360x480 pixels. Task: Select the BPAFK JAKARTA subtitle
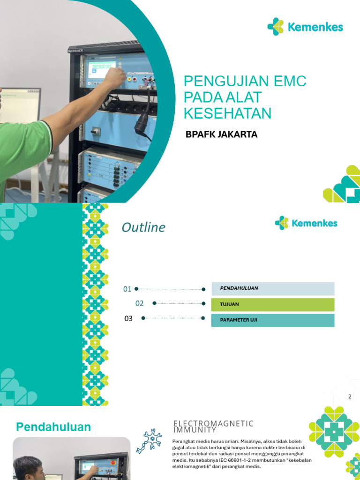point(222,135)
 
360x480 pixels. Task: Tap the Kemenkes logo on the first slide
point(305,27)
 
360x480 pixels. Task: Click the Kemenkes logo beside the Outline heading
point(306,223)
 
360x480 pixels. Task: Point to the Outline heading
point(143,228)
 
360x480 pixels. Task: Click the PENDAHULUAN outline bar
point(273,288)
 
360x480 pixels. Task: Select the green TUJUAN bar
point(273,305)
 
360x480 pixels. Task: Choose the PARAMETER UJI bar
point(273,321)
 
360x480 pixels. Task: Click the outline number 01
point(127,289)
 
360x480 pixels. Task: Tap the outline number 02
point(140,303)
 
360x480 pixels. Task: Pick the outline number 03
point(128,319)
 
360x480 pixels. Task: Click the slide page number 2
point(349,397)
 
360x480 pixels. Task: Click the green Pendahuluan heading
point(53,427)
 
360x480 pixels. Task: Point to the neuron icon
point(149,441)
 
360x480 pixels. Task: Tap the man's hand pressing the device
point(114,77)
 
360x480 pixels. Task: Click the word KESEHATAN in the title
point(228,113)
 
